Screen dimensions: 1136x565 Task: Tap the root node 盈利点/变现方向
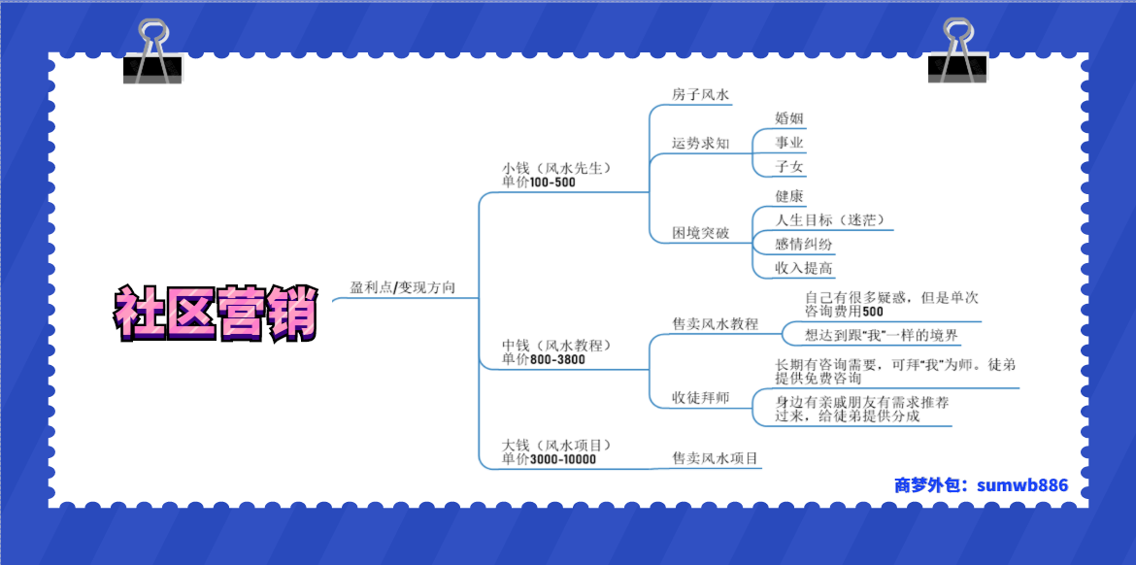403,287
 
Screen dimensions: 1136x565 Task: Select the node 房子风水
701,94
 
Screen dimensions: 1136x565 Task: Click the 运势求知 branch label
701,143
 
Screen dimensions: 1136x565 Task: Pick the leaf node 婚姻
789,118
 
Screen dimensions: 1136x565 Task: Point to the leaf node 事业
789,143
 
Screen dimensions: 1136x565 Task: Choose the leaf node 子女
789,167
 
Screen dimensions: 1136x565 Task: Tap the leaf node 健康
789,196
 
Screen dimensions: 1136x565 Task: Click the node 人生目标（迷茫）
830,220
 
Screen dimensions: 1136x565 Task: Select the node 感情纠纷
803,244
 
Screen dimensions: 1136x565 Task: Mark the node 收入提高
803,269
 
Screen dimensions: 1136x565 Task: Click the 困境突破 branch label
701,233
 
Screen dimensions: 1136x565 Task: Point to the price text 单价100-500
538,183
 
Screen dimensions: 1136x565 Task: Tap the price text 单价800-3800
544,358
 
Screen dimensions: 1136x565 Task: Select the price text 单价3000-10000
549,458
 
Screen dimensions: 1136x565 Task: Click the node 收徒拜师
701,398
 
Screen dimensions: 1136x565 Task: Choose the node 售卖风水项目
715,458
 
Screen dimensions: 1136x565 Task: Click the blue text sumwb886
1022,484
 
